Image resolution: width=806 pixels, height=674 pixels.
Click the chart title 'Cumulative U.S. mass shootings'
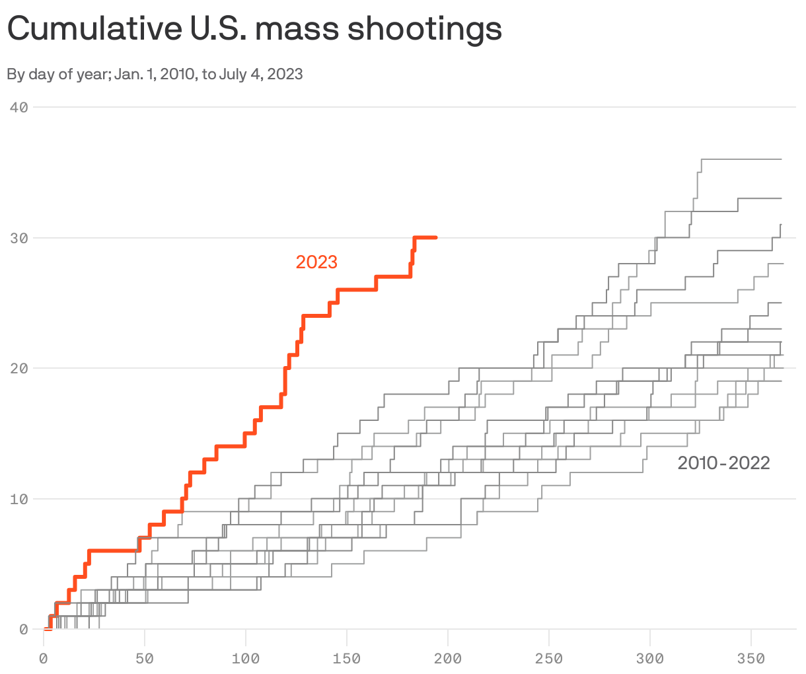click(x=254, y=29)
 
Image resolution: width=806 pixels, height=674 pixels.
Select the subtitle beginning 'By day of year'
click(x=155, y=74)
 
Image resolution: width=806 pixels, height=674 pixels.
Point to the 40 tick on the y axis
click(x=19, y=107)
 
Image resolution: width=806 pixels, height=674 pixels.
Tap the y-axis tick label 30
click(x=19, y=238)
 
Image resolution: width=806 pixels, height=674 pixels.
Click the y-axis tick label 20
click(x=19, y=368)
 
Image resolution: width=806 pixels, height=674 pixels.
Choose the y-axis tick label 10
click(x=19, y=499)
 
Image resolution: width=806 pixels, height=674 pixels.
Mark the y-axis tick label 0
click(x=23, y=629)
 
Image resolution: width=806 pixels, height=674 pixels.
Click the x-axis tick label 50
click(x=145, y=659)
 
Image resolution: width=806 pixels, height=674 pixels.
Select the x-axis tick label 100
click(x=246, y=659)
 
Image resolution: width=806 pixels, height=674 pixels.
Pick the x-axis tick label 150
click(x=347, y=659)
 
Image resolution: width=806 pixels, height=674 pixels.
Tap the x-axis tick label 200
click(x=448, y=659)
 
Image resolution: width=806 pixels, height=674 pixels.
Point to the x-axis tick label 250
click(x=549, y=659)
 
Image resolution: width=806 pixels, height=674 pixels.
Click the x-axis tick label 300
click(x=650, y=659)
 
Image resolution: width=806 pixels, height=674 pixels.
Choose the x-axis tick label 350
click(x=751, y=659)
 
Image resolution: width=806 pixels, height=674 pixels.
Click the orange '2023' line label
click(x=316, y=262)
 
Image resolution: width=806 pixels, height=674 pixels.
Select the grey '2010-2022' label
click(x=723, y=463)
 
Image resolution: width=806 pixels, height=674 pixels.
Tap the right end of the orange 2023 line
click(x=435, y=237)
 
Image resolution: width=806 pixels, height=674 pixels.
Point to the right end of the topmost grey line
click(x=781, y=159)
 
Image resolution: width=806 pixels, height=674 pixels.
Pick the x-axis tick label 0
click(x=44, y=659)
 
